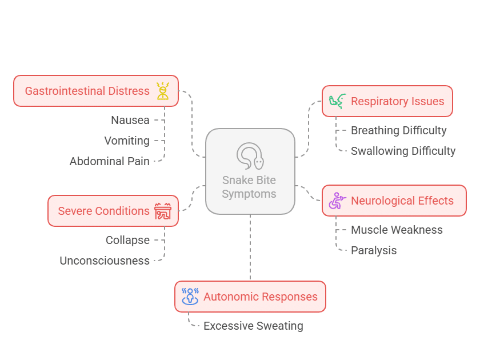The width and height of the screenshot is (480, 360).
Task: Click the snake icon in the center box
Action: (250, 156)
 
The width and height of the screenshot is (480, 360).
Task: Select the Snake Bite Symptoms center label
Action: (250, 187)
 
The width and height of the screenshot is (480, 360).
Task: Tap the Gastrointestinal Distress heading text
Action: (87, 91)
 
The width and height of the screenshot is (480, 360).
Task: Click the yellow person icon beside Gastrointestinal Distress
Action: (163, 91)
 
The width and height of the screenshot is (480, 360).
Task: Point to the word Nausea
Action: (130, 120)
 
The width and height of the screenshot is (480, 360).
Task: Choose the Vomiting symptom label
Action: (127, 141)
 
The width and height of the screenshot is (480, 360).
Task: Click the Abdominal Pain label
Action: (110, 161)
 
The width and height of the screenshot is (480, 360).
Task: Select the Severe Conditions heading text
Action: (103, 211)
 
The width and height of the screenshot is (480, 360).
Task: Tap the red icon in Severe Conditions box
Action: (163, 211)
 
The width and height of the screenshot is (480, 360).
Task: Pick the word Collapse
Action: (127, 240)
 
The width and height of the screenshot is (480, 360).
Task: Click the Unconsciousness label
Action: (105, 261)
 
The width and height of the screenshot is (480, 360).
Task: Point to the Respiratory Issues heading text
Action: (397, 101)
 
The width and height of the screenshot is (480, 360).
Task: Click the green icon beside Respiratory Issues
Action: (337, 101)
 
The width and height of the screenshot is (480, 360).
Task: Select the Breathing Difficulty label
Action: (398, 130)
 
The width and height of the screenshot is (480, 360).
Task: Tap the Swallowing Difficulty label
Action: (403, 151)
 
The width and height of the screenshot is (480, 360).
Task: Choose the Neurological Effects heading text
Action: (402, 201)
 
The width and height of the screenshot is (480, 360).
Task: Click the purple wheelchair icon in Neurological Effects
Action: (337, 201)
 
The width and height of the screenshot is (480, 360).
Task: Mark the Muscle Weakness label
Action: (397, 230)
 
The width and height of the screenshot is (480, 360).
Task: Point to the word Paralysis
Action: (374, 250)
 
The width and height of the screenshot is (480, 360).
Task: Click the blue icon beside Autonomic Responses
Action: (190, 297)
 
